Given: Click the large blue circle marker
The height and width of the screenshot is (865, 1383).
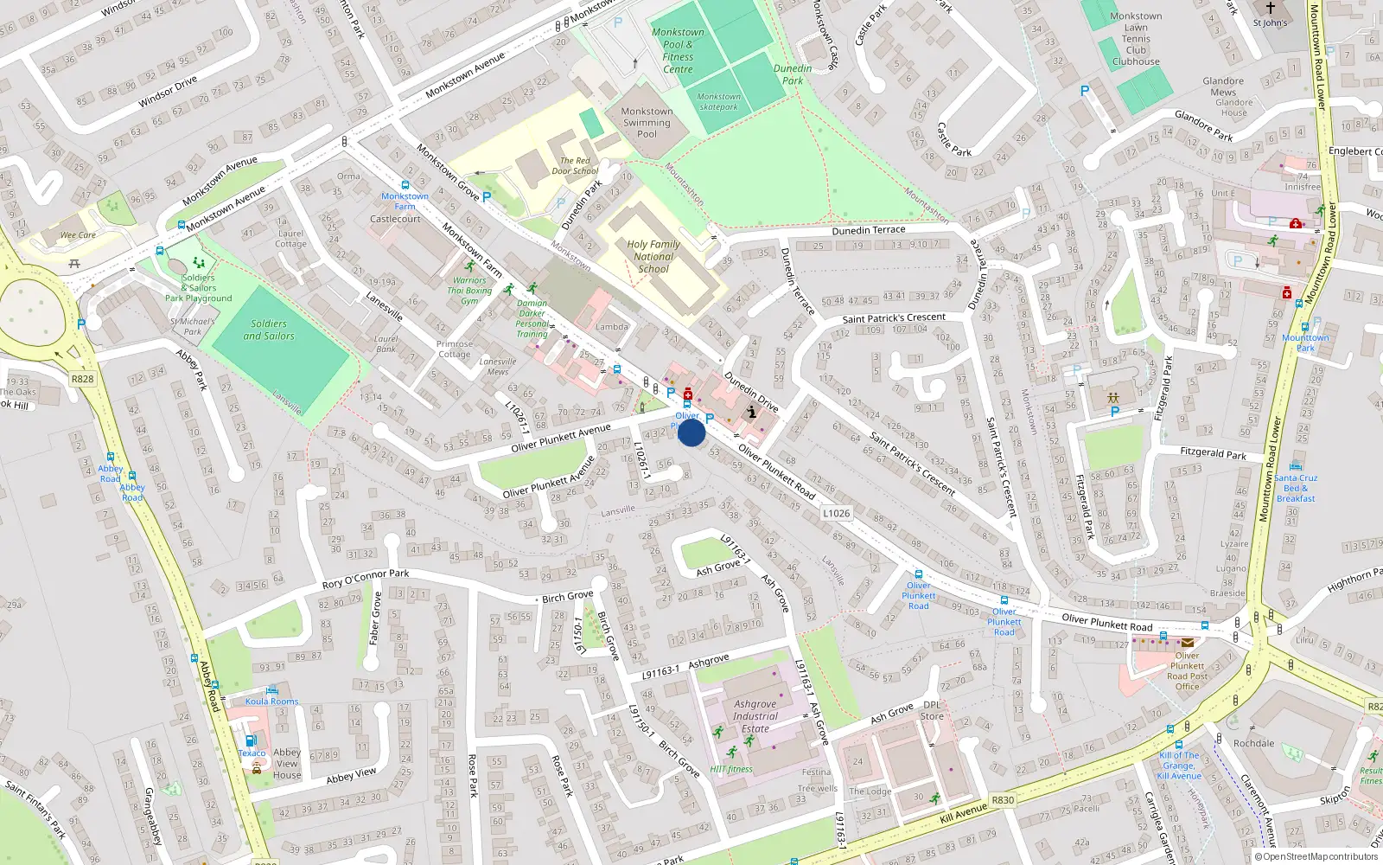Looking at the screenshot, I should point(691,432).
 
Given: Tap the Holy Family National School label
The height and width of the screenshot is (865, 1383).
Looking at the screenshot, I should point(653,257).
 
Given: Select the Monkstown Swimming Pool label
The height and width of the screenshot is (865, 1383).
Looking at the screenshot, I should point(647,123).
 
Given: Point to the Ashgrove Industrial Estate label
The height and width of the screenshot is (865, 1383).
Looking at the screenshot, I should point(755,716).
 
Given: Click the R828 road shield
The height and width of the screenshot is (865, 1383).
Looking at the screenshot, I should point(83,379).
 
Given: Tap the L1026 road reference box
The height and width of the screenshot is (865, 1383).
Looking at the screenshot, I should point(836,513).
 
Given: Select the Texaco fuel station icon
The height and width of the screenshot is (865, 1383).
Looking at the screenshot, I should point(251,740).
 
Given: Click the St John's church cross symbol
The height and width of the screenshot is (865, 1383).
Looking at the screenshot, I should point(1271,8).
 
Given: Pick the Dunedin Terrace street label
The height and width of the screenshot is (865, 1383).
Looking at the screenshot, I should point(869,230).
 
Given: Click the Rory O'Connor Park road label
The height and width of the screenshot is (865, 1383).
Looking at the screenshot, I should point(366,579).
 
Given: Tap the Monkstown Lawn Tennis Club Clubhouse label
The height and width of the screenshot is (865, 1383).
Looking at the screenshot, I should point(1136,39).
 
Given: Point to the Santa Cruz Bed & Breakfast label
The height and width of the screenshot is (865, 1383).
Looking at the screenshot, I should point(1296,488).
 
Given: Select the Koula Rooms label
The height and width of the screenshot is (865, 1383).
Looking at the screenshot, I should point(271,702).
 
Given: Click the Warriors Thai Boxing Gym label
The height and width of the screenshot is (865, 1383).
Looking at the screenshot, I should point(469,291).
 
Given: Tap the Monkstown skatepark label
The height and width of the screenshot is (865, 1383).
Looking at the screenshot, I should point(719,102).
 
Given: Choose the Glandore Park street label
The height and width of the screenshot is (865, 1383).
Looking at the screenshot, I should point(1203,125).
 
